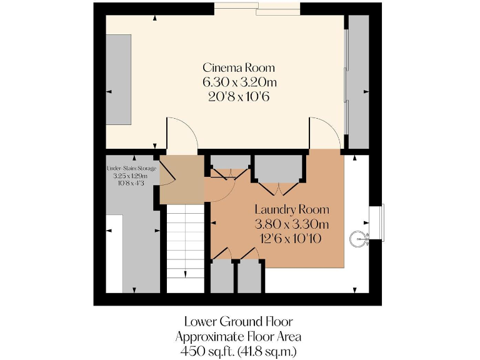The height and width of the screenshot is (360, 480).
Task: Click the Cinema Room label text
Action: point(238,67)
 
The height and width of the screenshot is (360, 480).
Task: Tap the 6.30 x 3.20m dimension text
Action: point(238,82)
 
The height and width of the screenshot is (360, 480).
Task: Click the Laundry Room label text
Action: point(291,209)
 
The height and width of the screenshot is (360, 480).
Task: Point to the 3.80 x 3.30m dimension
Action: point(291,224)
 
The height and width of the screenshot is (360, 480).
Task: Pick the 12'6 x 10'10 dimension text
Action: point(291,238)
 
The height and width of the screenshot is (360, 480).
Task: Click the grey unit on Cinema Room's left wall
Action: point(118,79)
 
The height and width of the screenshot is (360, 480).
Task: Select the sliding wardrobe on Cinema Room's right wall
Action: point(358,81)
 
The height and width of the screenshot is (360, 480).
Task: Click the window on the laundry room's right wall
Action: point(377,222)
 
